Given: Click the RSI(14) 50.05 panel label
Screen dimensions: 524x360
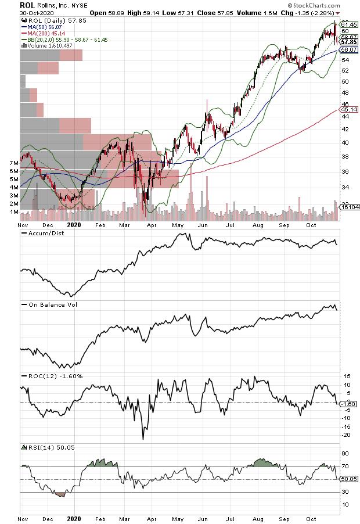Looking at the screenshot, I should [49, 447].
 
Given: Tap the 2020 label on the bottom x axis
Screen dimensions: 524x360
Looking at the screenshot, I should [74, 517].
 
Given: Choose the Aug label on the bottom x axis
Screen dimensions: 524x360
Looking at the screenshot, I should [257, 517].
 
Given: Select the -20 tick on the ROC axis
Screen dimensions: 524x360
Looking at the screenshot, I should [345, 435].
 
